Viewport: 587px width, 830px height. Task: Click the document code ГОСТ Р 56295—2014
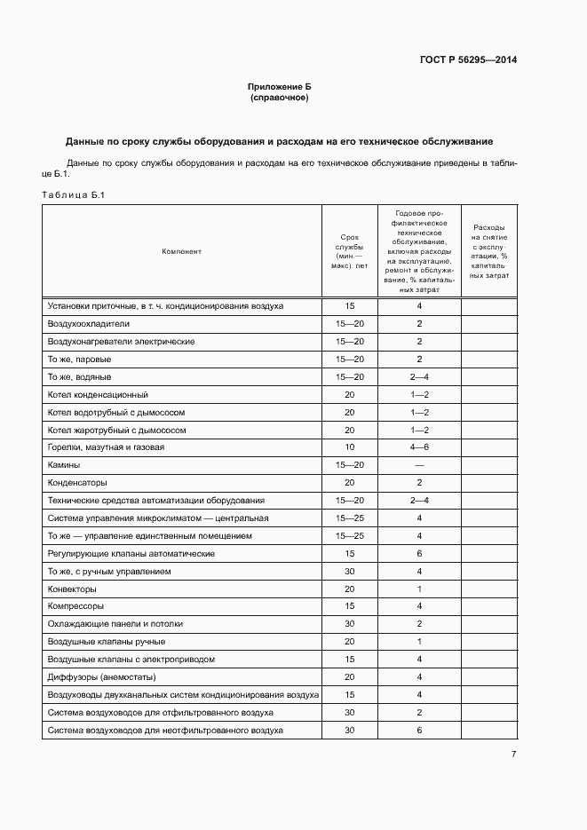point(467,60)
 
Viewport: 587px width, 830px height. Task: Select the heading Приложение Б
point(280,87)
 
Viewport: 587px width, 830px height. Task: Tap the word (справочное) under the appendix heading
point(280,98)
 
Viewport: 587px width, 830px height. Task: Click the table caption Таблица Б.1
point(74,194)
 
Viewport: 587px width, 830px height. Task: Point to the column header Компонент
point(181,251)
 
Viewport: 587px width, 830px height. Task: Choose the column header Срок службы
point(349,251)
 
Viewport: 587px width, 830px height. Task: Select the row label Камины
point(64,465)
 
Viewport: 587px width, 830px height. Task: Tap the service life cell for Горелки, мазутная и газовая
point(349,447)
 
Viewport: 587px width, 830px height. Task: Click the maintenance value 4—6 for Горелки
point(419,447)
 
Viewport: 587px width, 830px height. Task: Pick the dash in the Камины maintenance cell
point(419,465)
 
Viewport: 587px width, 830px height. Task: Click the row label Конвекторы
point(72,589)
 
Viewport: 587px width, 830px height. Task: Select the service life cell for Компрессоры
point(349,606)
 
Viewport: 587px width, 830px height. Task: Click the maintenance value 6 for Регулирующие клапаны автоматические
point(419,553)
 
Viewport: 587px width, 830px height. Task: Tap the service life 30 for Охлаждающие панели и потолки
point(349,624)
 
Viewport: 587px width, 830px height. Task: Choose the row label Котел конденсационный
point(98,394)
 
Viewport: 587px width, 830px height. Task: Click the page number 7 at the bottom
point(513,755)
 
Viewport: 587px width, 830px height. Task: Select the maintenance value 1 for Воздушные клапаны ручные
point(419,642)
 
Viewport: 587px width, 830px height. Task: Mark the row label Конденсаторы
point(77,483)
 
